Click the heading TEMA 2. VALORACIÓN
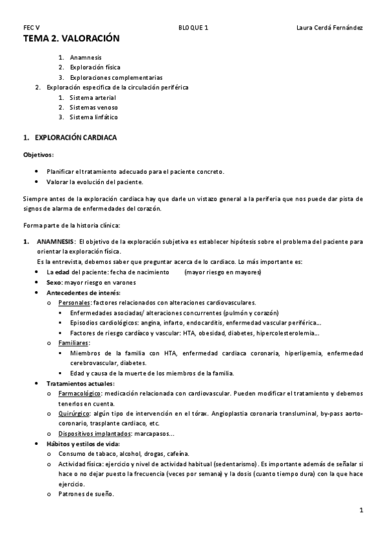pos(71,39)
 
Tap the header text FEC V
pos(31,28)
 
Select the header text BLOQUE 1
pos(193,28)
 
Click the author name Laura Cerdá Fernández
pos(329,28)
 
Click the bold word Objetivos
pos(38,155)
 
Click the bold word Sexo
pos(54,283)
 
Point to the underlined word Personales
pos(74,303)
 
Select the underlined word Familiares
pos(73,343)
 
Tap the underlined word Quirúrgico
pos(75,414)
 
